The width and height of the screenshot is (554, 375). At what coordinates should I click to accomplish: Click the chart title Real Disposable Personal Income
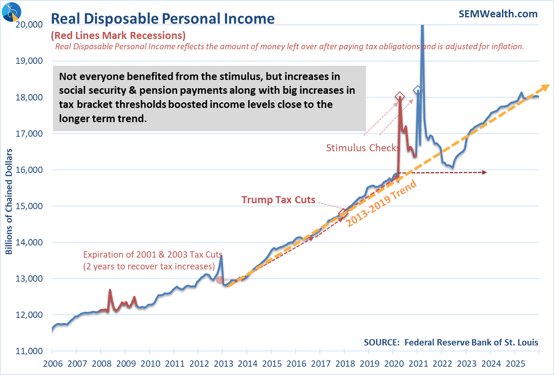[x=163, y=19]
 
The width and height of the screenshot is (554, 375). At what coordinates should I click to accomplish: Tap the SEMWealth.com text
[x=498, y=14]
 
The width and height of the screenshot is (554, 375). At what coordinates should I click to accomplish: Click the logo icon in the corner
[x=11, y=11]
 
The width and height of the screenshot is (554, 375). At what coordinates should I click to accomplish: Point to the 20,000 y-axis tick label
[x=29, y=24]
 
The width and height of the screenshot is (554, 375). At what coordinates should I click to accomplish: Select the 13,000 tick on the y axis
[x=29, y=278]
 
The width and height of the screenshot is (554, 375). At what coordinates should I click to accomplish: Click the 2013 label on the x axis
[x=223, y=364]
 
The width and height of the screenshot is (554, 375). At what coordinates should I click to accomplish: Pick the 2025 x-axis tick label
[x=515, y=364]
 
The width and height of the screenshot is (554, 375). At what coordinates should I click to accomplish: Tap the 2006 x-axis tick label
[x=53, y=364]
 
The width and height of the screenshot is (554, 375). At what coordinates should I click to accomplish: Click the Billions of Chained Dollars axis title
[x=9, y=201]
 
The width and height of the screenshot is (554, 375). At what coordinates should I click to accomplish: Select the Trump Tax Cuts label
[x=278, y=200]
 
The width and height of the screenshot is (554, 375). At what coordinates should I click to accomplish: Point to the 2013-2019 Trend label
[x=381, y=203]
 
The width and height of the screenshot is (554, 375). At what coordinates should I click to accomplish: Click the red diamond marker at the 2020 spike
[x=400, y=96]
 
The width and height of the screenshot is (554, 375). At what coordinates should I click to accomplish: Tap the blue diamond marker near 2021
[x=417, y=90]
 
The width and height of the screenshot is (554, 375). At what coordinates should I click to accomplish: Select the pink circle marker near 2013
[x=220, y=280]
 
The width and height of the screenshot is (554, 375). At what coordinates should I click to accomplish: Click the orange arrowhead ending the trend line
[x=545, y=87]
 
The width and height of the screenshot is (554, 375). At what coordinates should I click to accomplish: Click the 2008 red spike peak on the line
[x=110, y=290]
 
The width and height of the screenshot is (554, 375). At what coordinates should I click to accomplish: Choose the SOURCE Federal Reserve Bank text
[x=451, y=342]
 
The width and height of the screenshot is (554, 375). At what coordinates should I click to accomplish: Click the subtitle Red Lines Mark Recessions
[x=118, y=35]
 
